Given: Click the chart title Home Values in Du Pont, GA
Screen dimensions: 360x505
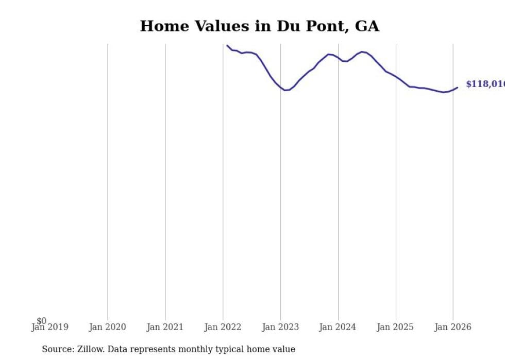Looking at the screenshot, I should pyautogui.click(x=259, y=26).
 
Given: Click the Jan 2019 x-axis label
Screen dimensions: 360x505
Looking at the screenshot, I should pyautogui.click(x=49, y=327).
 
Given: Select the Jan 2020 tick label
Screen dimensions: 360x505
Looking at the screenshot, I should pyautogui.click(x=107, y=327).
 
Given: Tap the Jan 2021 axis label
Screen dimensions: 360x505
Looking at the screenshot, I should pyautogui.click(x=165, y=327).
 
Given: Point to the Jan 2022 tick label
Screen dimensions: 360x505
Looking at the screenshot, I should pyautogui.click(x=223, y=327).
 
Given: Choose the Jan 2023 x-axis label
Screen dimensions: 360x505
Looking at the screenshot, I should pyautogui.click(x=280, y=327).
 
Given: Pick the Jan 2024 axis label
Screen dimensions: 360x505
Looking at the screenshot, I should pyautogui.click(x=338, y=327).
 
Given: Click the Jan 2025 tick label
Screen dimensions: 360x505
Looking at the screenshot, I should pyautogui.click(x=395, y=327).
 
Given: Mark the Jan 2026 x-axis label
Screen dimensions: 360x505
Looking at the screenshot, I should pyautogui.click(x=452, y=327).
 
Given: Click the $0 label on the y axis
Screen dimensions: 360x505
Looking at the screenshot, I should pyautogui.click(x=41, y=321).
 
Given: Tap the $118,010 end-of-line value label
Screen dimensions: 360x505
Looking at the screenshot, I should pyautogui.click(x=484, y=84).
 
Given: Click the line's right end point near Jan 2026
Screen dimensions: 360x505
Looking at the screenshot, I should pyautogui.click(x=457, y=88).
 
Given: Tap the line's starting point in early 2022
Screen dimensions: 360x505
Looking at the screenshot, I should pyautogui.click(x=227, y=45).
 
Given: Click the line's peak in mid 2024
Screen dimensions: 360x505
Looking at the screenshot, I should pyautogui.click(x=362, y=52).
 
